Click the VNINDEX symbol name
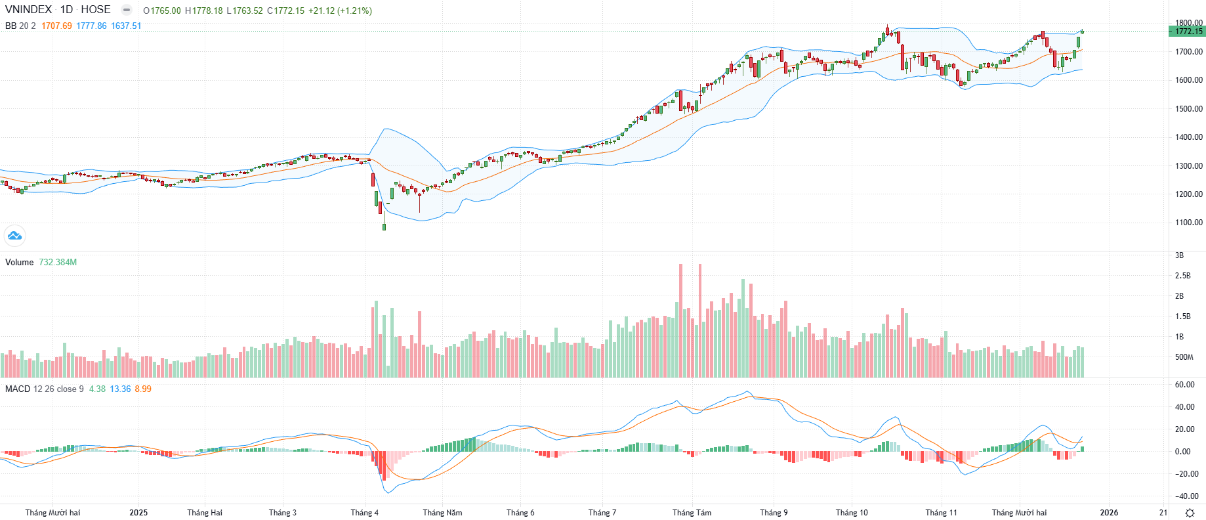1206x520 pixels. coord(28,10)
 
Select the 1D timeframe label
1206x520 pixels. coord(66,10)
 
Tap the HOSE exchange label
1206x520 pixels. coord(96,10)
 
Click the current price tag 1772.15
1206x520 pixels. coord(1188,32)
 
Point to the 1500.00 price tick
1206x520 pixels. coord(1189,109)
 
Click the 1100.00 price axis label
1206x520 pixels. coord(1189,223)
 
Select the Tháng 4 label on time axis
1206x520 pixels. coord(364,513)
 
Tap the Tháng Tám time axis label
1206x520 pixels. coord(692,513)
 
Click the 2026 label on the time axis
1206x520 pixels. coord(1109,513)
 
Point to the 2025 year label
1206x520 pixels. coord(138,513)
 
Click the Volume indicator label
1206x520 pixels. coord(19,262)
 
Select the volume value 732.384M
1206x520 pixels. coord(58,262)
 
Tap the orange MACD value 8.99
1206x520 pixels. coord(143,389)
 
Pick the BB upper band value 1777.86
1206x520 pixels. coord(91,26)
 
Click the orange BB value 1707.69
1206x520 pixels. coord(56,26)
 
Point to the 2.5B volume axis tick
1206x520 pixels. coord(1182,276)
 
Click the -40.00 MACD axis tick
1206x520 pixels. coord(1186,496)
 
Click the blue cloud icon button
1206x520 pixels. coord(14,235)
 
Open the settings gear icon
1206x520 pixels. coord(1190,513)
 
